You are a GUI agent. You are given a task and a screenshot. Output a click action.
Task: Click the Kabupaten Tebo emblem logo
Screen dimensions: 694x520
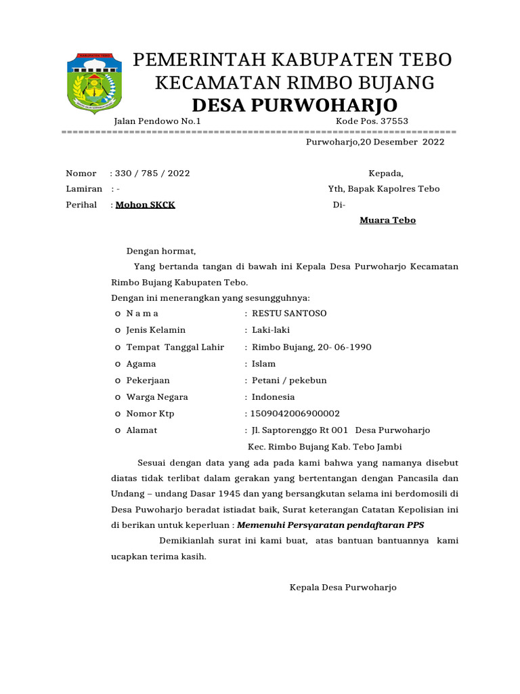(94, 83)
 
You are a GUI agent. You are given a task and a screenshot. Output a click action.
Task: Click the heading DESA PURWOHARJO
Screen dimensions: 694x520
(295, 106)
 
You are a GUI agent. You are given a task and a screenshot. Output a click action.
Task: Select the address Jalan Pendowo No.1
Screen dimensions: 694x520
(158, 121)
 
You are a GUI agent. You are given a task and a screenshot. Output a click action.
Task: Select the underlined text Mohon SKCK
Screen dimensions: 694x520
(145, 205)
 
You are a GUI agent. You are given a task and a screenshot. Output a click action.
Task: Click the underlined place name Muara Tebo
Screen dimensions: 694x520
(387, 220)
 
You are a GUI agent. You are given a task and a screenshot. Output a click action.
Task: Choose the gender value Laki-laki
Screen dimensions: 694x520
(271, 330)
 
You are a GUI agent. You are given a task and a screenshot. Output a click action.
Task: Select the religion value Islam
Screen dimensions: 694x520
(263, 364)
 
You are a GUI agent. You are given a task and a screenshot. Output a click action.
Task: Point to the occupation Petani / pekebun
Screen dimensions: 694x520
(289, 380)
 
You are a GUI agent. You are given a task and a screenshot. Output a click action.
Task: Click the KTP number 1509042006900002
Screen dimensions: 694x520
(295, 413)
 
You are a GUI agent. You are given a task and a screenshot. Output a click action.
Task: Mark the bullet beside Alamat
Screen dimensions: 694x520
(118, 430)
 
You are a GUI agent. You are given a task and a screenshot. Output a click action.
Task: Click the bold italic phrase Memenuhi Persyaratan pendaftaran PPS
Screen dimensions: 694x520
(330, 525)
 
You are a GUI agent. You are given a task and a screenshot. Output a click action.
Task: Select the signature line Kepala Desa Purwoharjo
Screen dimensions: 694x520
(343, 588)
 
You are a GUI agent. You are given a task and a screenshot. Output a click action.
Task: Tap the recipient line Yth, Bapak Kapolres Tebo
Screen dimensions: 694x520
(383, 189)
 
